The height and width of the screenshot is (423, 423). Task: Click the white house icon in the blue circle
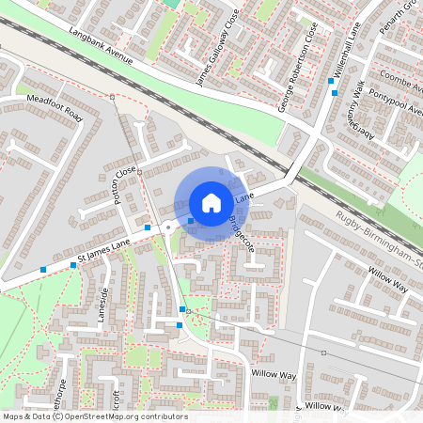[211, 203]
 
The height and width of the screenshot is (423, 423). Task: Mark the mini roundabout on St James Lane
[167, 227]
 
